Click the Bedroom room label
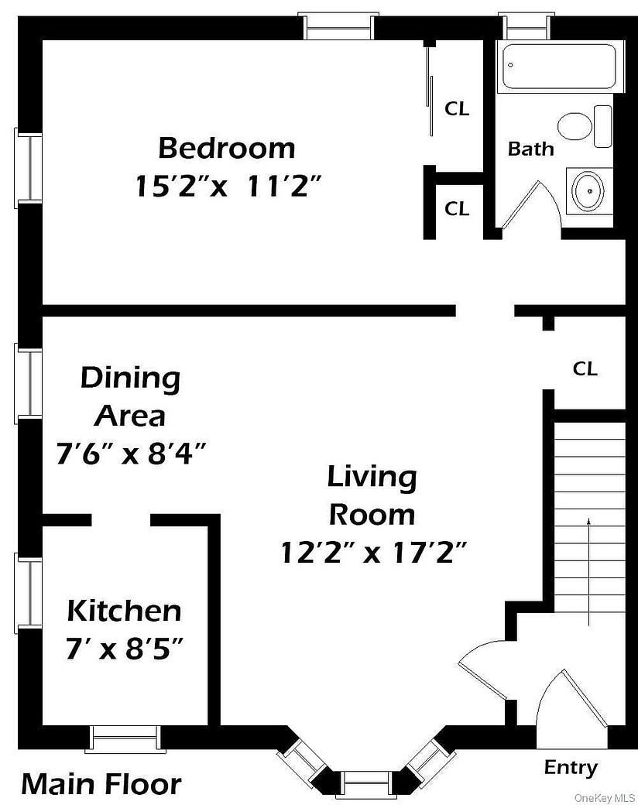[x=226, y=147]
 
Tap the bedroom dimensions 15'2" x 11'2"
[x=228, y=187]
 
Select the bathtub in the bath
[x=559, y=67]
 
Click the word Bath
[x=530, y=149]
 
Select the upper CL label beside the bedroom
[x=457, y=109]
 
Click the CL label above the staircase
[x=585, y=369]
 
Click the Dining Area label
[x=130, y=397]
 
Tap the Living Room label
[x=372, y=495]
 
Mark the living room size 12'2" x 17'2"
[x=373, y=553]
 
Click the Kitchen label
[x=124, y=611]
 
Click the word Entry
[x=571, y=768]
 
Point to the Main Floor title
[x=101, y=784]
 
